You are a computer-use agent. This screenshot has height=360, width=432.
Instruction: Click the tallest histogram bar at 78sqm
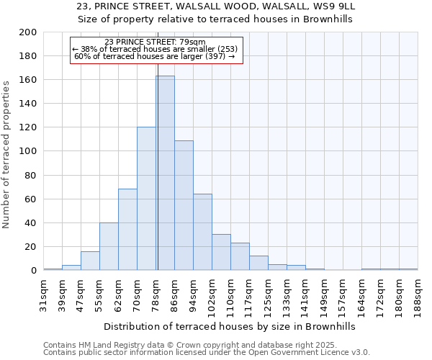pos(165,173)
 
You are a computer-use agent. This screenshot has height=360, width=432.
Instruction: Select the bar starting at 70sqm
pos(146,199)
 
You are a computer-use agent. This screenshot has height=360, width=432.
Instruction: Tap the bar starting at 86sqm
pos(184,205)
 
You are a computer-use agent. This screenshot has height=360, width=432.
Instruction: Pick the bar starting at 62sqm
pos(127,230)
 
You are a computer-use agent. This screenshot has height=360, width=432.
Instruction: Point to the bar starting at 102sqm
pos(221,252)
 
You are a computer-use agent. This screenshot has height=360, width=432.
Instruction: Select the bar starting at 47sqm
pos(90,261)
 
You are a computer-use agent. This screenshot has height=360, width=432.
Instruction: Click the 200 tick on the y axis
pos(28,32)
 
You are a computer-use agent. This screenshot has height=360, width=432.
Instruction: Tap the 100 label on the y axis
pos(28,151)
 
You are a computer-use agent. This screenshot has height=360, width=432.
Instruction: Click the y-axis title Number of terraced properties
pos(6,154)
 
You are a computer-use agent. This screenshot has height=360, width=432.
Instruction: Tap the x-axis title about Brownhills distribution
pos(230,326)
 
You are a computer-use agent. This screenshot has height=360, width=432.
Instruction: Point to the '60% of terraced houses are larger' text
pos(155,56)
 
